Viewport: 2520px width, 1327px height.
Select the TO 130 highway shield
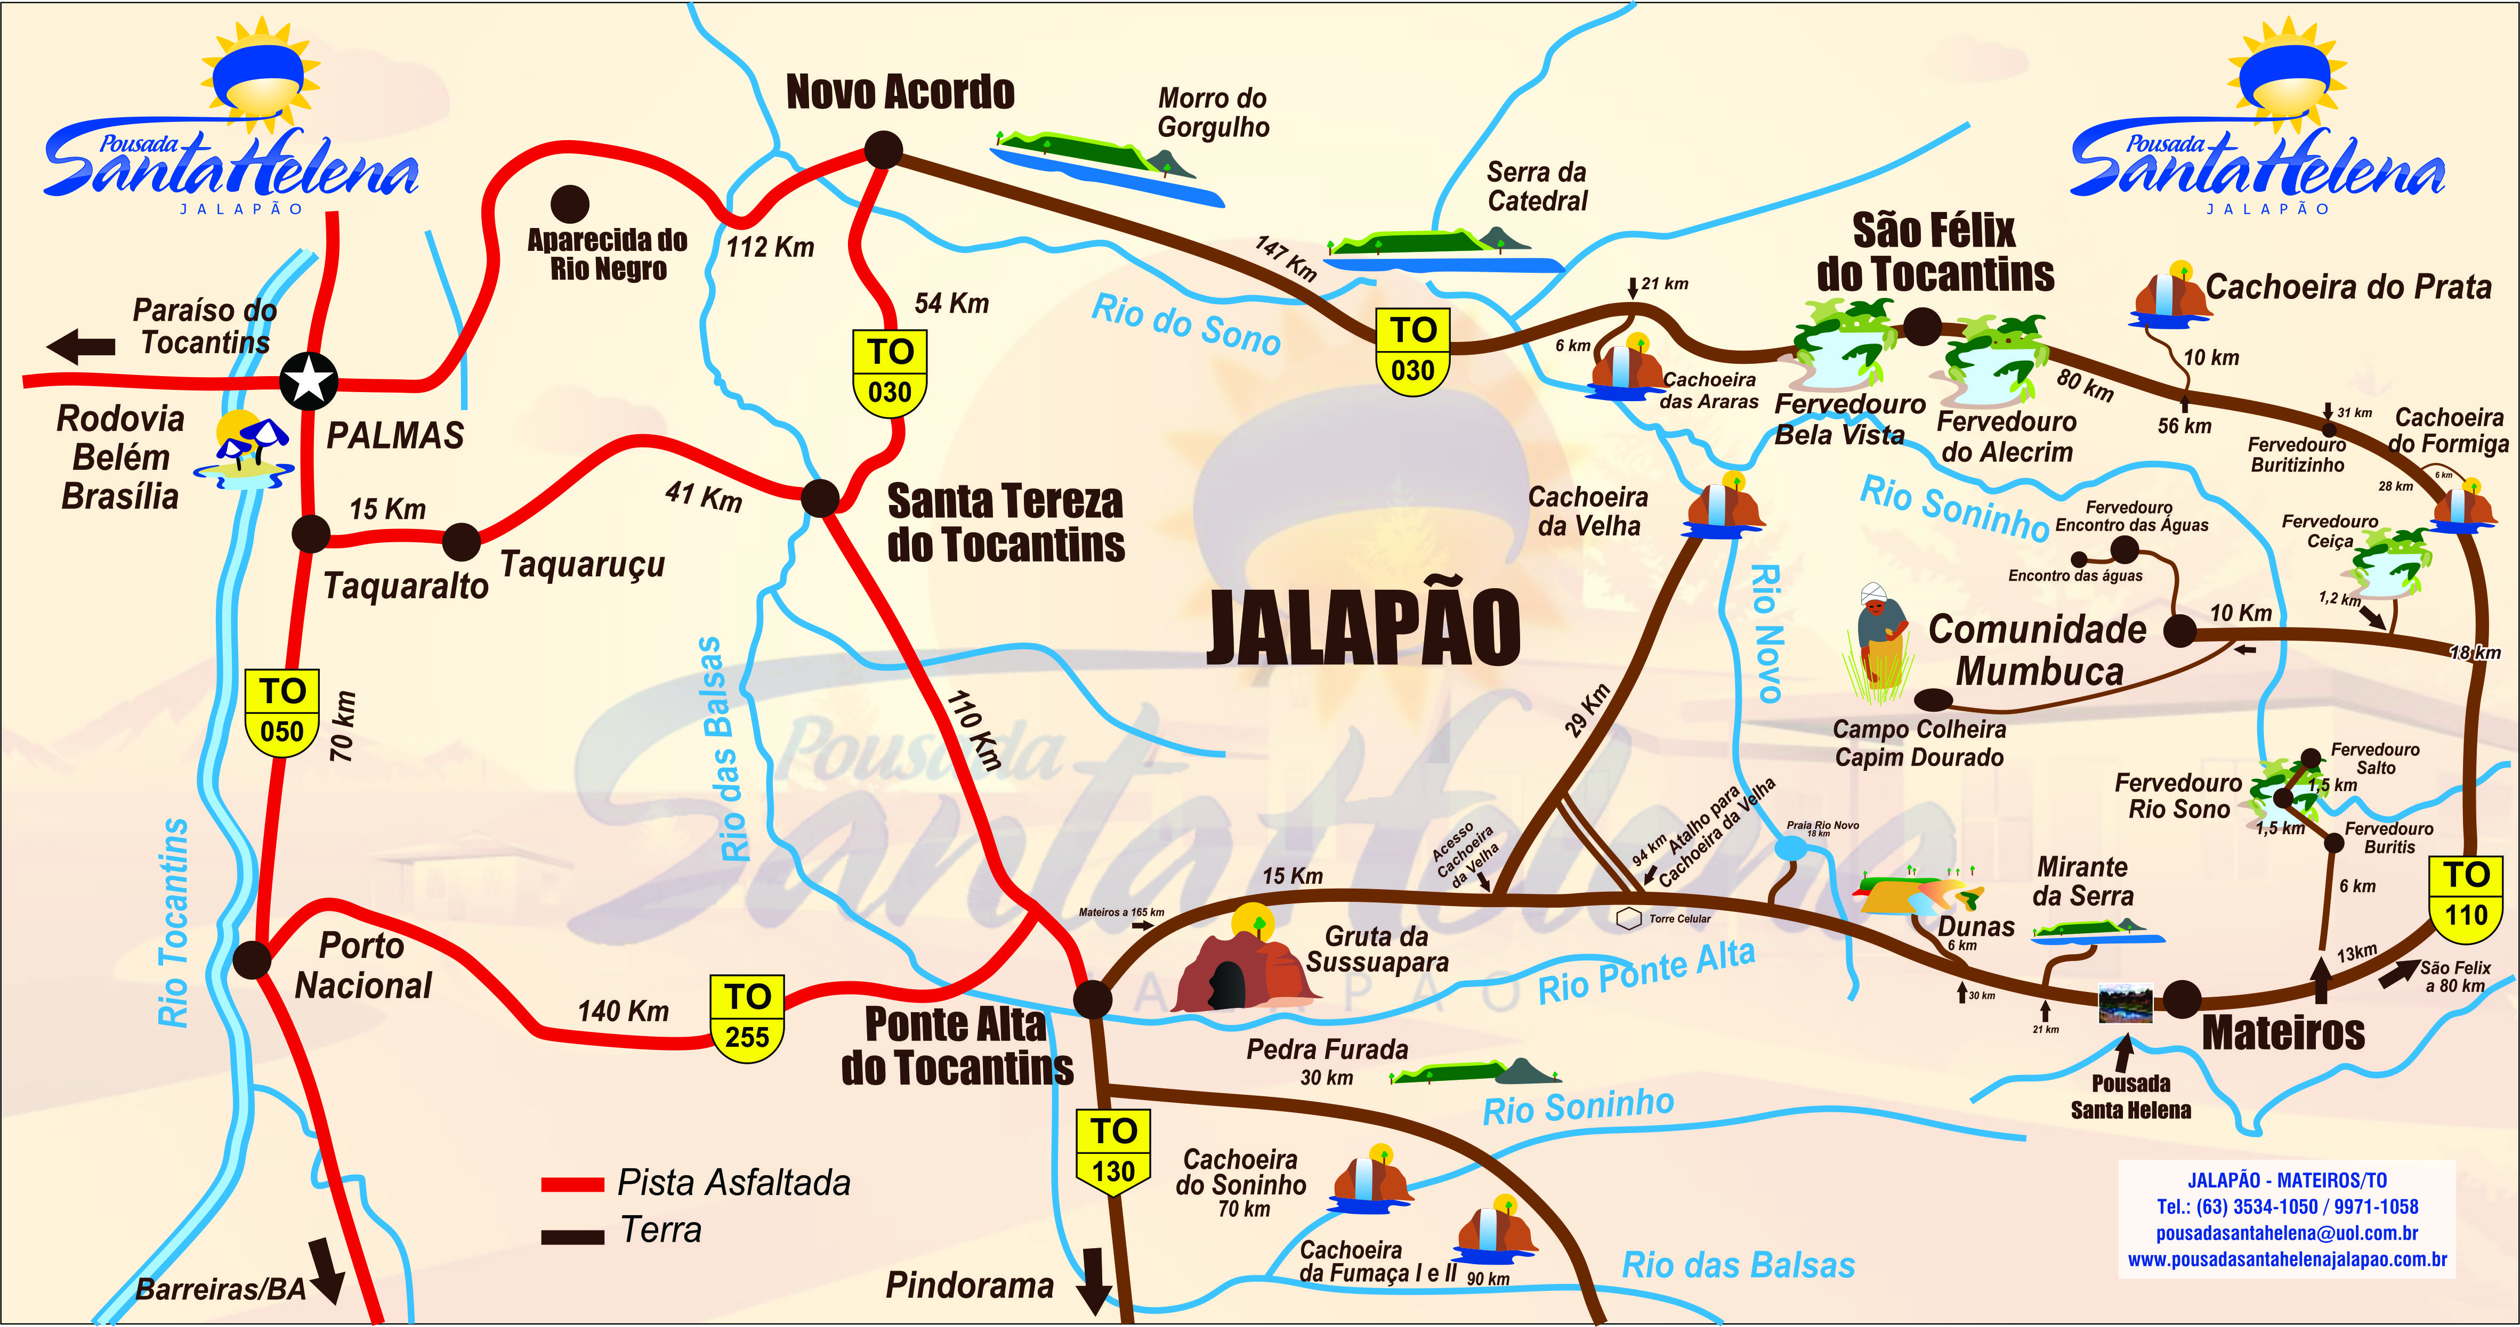[x=1113, y=1152]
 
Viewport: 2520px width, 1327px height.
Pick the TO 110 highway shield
[x=2465, y=895]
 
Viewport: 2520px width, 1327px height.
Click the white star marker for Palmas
[x=309, y=380]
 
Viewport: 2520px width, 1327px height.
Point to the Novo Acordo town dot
[x=883, y=151]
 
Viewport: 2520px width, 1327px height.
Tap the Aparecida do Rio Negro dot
[x=569, y=205]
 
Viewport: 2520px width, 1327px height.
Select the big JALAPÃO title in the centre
[x=1363, y=628]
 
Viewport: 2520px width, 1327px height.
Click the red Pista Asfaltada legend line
[x=572, y=1184]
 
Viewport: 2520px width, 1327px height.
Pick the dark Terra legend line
[x=572, y=1236]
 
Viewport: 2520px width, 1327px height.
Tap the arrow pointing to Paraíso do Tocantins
[x=80, y=346]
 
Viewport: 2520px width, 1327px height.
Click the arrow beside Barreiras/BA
[x=326, y=1269]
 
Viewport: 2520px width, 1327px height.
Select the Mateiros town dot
[x=2182, y=998]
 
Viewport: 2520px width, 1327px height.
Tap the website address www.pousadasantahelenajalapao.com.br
[x=2287, y=1259]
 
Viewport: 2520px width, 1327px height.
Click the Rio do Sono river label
[x=1186, y=324]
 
